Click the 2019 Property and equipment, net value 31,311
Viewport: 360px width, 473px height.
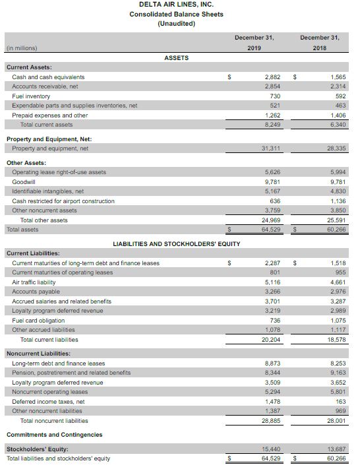(x=271, y=148)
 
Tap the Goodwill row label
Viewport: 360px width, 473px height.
(x=24, y=182)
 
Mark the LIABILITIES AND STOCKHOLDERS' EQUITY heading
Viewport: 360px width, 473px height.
(x=177, y=244)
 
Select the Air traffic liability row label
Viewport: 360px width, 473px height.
(x=34, y=282)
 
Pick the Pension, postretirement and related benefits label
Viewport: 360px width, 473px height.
(x=71, y=373)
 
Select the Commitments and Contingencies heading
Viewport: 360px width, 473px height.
(x=54, y=435)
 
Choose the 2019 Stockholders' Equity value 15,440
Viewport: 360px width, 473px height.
(x=271, y=449)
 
